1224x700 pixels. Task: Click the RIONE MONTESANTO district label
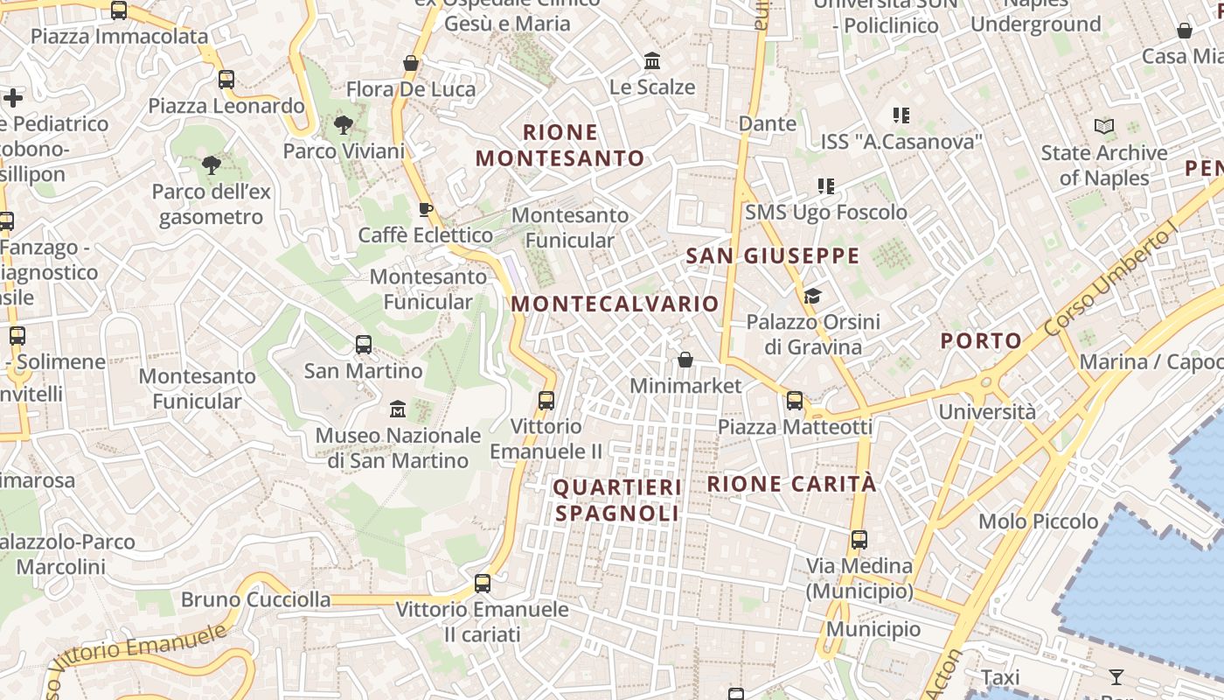[560, 145]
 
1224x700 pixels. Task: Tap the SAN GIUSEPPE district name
[773, 255]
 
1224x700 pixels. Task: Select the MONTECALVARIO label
[615, 304]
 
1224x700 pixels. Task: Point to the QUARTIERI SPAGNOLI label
[617, 500]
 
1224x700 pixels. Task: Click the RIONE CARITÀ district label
[791, 484]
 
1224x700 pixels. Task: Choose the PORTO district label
[981, 340]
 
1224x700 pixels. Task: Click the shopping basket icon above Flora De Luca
[411, 63]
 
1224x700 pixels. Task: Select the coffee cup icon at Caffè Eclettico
[426, 209]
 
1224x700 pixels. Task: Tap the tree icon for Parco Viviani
[344, 125]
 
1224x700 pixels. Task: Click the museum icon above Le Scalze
[652, 61]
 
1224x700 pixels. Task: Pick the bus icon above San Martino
[364, 345]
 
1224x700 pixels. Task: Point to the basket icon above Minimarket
[685, 360]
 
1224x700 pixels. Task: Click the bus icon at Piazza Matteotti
[795, 401]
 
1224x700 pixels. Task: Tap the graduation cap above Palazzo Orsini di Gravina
[813, 296]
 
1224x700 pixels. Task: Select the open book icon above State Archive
[1104, 127]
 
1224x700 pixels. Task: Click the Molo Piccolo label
[1039, 521]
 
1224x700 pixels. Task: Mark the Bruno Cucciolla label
[256, 599]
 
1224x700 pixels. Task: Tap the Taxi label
[1000, 677]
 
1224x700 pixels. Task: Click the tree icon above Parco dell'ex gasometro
[211, 164]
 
